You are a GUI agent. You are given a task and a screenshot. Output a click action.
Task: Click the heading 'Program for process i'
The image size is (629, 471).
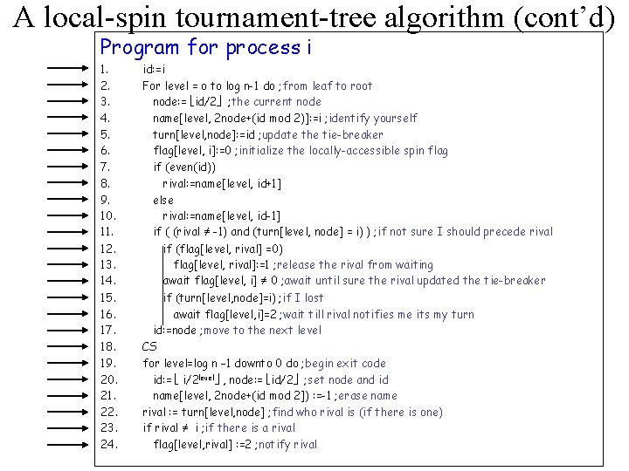click(206, 48)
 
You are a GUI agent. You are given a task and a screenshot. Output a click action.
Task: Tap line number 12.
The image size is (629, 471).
click(108, 249)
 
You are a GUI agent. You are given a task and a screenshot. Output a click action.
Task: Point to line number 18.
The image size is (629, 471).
click(108, 346)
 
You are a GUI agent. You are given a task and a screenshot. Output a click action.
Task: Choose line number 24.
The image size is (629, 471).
click(109, 444)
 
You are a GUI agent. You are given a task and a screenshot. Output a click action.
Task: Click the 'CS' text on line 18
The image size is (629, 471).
click(149, 346)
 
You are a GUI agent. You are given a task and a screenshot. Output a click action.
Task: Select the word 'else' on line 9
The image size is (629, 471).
click(163, 200)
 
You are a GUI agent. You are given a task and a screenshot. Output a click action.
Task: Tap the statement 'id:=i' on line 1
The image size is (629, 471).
click(155, 69)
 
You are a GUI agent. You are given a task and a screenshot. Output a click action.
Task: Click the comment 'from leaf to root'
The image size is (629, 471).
click(328, 85)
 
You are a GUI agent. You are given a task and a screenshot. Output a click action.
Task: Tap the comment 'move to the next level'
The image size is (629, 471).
click(264, 330)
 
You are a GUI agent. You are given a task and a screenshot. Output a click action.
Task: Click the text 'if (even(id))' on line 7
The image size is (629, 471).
click(184, 167)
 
